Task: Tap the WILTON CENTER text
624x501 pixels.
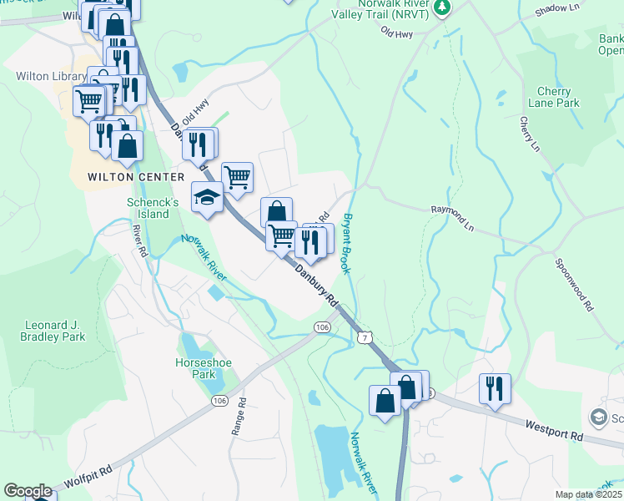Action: [x=135, y=178]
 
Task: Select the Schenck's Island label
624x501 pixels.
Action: [x=153, y=208]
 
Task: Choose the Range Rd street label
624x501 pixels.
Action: [x=240, y=412]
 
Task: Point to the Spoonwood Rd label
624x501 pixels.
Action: [x=574, y=285]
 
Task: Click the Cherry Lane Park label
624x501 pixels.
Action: [x=554, y=97]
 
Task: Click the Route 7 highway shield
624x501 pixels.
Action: [x=365, y=337]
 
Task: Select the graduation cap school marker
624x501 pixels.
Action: [x=206, y=197]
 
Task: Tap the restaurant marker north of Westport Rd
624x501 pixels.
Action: [x=495, y=387]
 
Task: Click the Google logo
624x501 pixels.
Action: [x=28, y=491]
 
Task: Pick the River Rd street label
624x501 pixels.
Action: [x=140, y=240]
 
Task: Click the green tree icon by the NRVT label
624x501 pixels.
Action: [x=443, y=8]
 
